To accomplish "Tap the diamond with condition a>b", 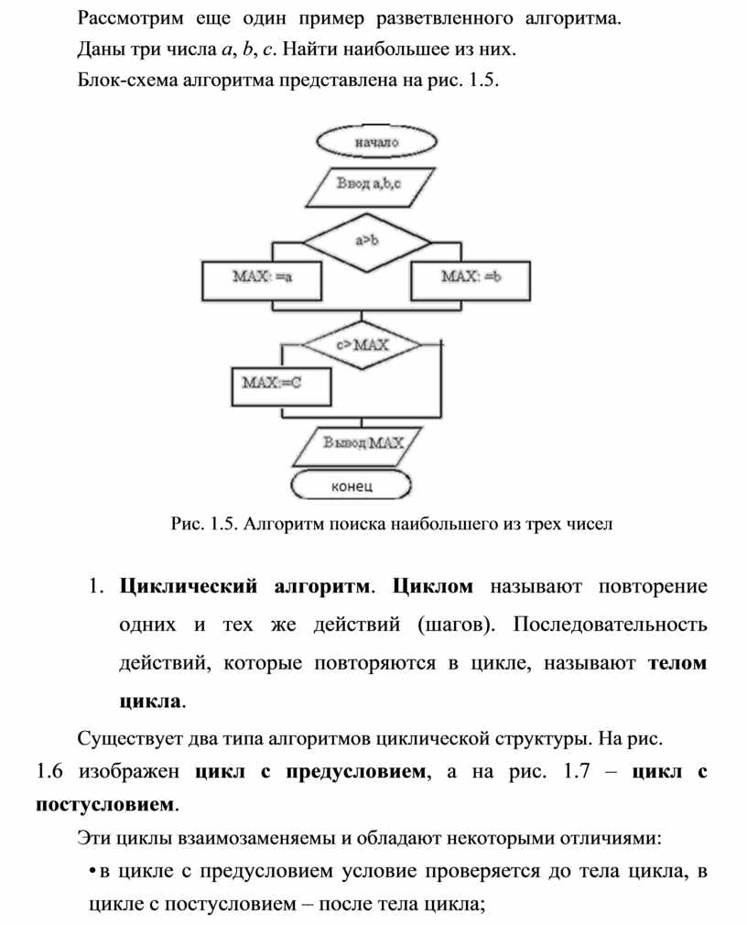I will point(366,242).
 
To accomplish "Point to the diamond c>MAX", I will point(363,345).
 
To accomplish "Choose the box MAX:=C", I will point(271,385).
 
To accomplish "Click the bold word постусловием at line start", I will point(103,805).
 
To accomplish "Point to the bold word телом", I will point(677,664).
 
